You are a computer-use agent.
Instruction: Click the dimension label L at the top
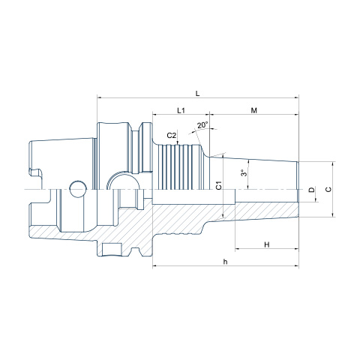click(x=197, y=94)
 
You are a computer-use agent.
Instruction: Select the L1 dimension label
click(x=181, y=110)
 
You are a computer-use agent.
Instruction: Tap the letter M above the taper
click(x=253, y=110)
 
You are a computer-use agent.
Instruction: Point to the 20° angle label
click(x=202, y=125)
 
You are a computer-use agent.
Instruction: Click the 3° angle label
click(x=244, y=172)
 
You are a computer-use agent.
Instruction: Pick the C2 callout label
click(x=172, y=136)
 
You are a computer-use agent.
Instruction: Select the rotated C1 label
click(x=219, y=185)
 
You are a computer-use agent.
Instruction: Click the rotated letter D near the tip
click(x=311, y=190)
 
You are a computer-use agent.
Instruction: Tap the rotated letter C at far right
click(x=328, y=189)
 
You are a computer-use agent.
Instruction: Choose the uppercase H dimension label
click(x=267, y=244)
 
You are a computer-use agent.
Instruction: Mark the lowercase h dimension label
click(x=226, y=262)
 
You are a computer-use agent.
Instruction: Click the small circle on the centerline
click(x=78, y=189)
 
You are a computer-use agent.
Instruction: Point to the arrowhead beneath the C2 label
click(x=178, y=142)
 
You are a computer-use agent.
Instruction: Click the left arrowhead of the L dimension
click(x=100, y=97)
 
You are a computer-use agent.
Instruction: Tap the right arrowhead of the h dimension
click(x=296, y=265)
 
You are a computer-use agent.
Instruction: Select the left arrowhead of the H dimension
click(x=238, y=249)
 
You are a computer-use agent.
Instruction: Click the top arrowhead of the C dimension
click(x=332, y=164)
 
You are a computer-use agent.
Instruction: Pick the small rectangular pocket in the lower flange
click(x=110, y=249)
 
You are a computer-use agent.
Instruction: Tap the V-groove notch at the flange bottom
click(x=135, y=251)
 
